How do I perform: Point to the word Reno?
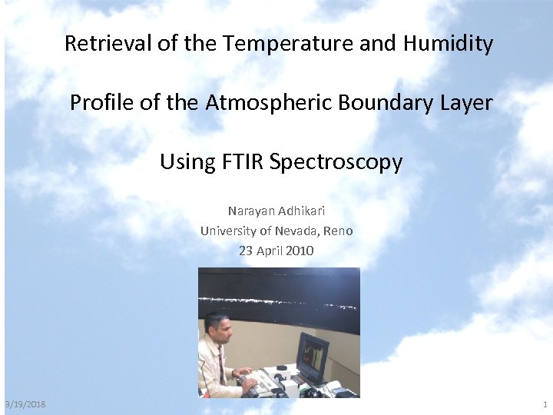click(338, 231)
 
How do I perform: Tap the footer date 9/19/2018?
click(25, 404)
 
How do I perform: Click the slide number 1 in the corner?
click(545, 404)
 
